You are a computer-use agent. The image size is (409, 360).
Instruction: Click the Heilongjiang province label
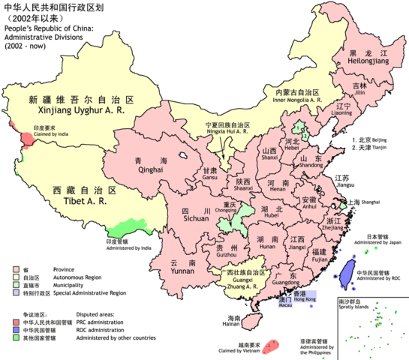click(366, 62)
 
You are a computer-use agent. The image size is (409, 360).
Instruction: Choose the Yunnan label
click(184, 268)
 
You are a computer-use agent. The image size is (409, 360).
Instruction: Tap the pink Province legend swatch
click(17, 268)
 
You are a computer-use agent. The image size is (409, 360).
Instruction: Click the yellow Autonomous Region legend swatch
click(17, 276)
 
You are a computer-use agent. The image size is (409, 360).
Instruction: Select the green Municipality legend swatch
click(17, 284)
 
